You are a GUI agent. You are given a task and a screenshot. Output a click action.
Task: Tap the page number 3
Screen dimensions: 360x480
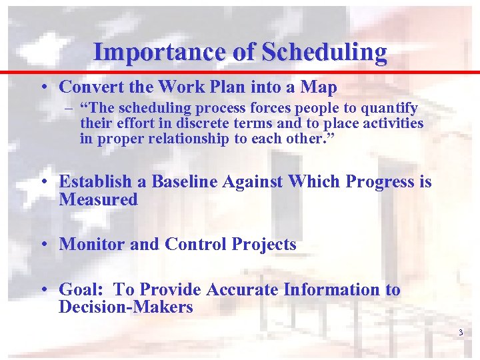pyautogui.click(x=461, y=332)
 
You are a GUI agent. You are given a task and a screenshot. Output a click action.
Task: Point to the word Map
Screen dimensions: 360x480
pyautogui.click(x=319, y=87)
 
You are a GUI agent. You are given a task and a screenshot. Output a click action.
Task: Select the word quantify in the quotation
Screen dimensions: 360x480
pyautogui.click(x=393, y=108)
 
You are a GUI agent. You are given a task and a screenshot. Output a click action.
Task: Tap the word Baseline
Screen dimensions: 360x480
pyautogui.click(x=184, y=181)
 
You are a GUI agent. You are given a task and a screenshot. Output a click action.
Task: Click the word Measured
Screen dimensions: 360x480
pyautogui.click(x=98, y=199)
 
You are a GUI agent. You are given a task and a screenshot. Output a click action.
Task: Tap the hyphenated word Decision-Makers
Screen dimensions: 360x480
pyautogui.click(x=125, y=307)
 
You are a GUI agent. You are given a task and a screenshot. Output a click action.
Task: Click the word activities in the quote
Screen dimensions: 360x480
pyautogui.click(x=393, y=123)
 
